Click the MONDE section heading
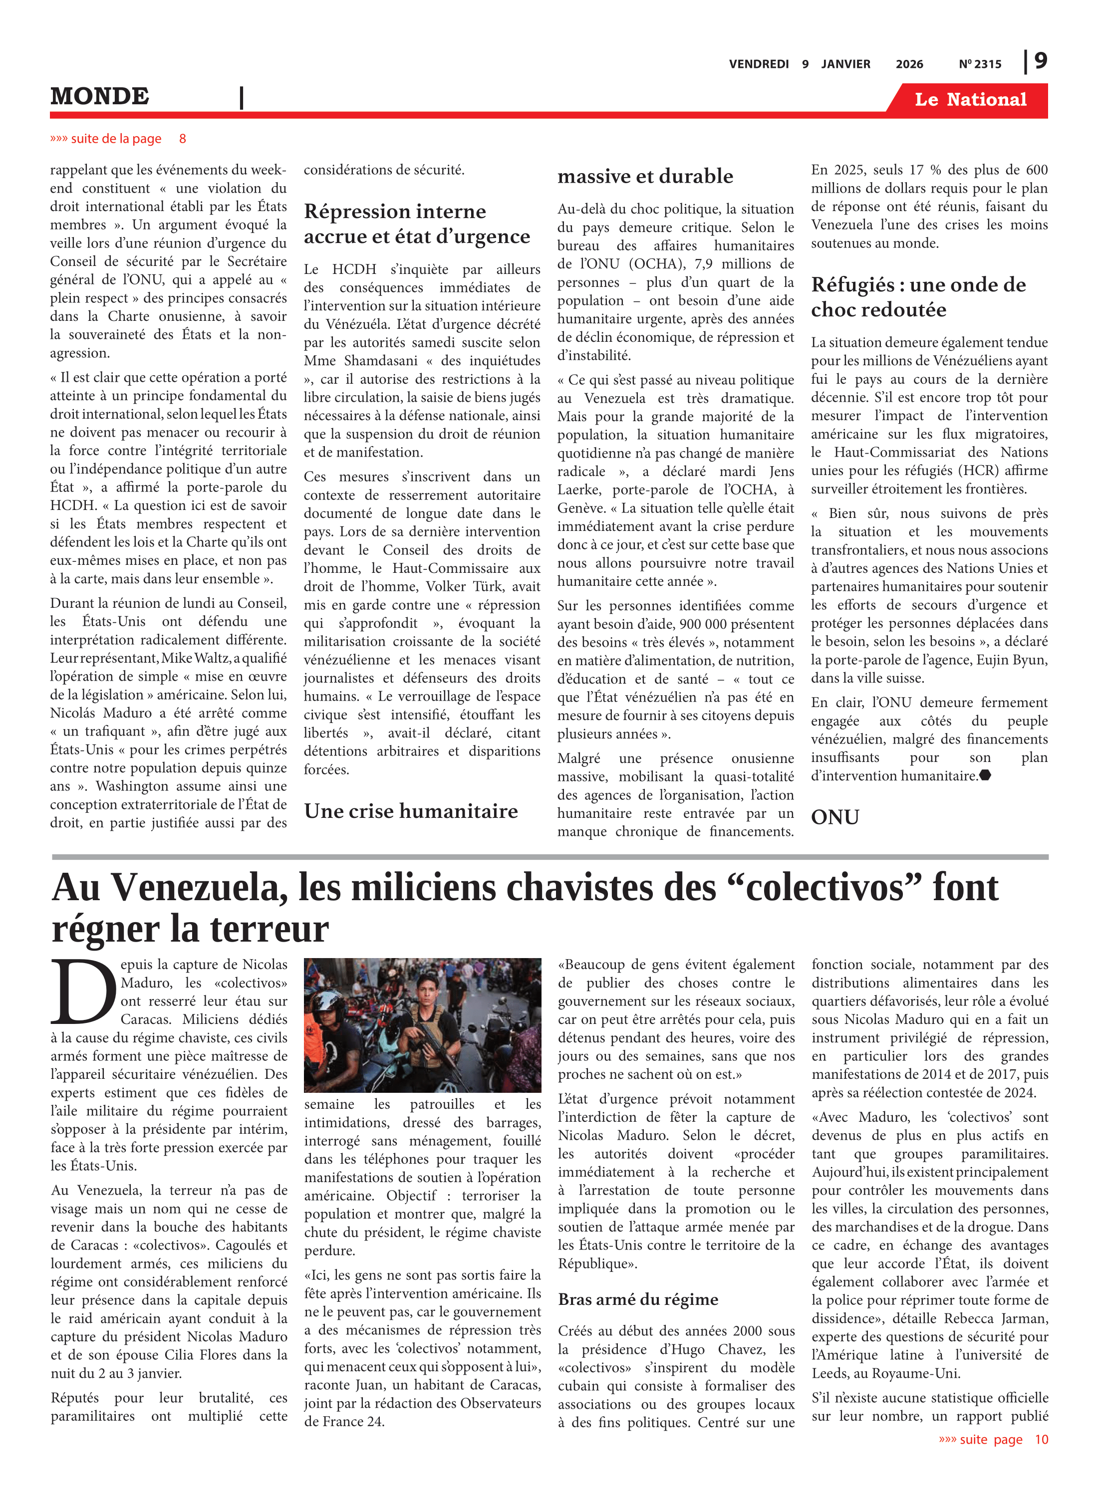(x=100, y=96)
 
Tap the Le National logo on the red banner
(x=970, y=100)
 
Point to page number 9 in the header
(x=1040, y=61)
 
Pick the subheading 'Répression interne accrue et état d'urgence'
(x=416, y=224)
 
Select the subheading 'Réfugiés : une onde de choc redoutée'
(x=918, y=297)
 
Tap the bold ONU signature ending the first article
(x=835, y=816)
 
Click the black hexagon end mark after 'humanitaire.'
(x=985, y=775)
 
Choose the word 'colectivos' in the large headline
(x=824, y=888)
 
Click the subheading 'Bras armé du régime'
(x=638, y=1299)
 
